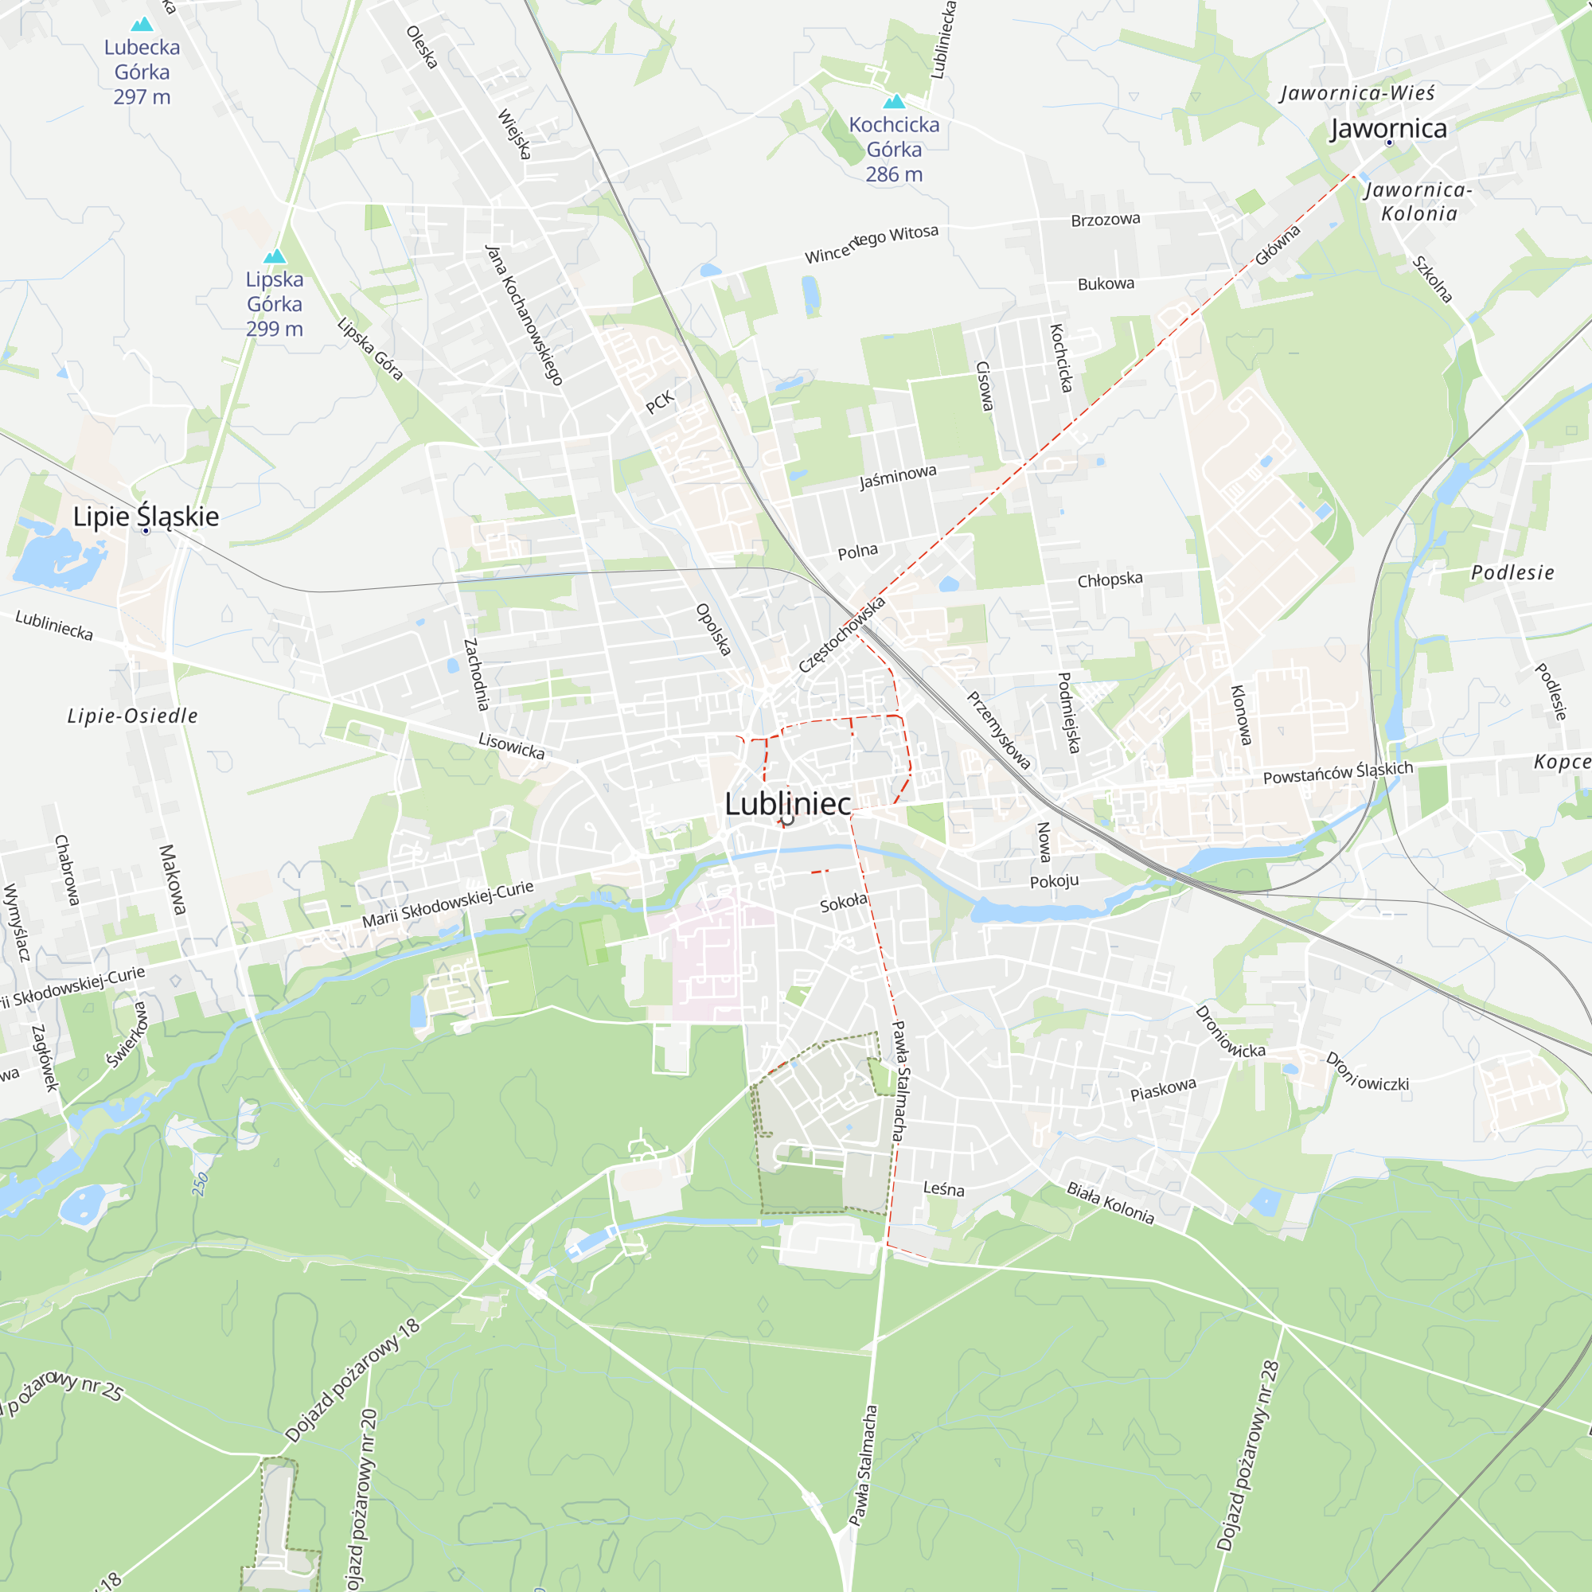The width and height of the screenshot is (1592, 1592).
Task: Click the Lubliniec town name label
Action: click(x=788, y=804)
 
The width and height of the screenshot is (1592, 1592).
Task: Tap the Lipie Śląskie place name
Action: click(x=146, y=517)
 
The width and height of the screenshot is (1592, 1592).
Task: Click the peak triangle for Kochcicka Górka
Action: click(x=894, y=102)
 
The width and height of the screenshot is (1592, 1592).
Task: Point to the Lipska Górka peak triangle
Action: click(x=275, y=257)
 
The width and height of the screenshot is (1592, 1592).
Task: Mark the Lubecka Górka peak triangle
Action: click(x=142, y=25)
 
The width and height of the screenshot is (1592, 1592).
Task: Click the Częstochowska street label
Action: click(x=841, y=634)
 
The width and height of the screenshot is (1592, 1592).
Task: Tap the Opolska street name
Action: click(x=713, y=630)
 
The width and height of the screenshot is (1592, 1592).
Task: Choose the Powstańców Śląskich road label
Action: click(x=1338, y=773)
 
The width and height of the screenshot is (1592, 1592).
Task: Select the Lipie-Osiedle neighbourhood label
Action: click(x=133, y=716)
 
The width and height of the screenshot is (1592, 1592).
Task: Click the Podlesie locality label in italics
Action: click(x=1513, y=572)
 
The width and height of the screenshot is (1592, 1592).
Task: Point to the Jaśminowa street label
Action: click(x=898, y=476)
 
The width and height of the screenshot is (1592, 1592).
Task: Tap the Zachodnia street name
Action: click(x=476, y=674)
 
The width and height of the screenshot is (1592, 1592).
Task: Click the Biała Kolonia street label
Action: click(x=1110, y=1203)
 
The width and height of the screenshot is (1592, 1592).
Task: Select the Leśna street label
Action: click(x=943, y=1189)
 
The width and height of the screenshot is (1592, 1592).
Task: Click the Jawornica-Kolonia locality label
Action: click(x=1418, y=202)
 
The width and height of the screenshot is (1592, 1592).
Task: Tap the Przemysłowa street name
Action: click(x=999, y=731)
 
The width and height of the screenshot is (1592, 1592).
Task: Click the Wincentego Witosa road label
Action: click(x=871, y=244)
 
